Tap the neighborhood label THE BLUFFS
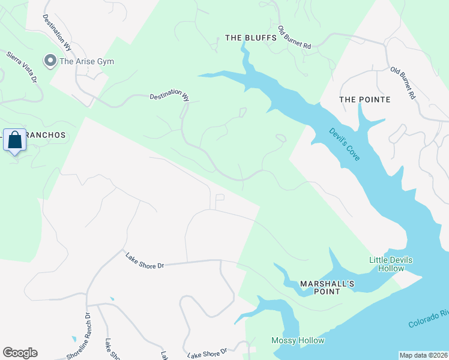click(250, 37)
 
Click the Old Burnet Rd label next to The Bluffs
click(295, 38)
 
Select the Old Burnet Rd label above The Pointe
click(403, 83)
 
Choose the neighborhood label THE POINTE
click(364, 99)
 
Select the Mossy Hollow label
click(298, 340)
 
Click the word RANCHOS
click(46, 135)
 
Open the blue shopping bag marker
click(14, 141)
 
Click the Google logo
click(20, 353)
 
